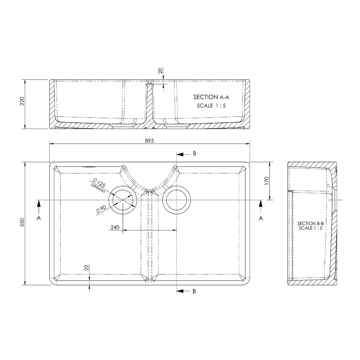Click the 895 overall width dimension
[x=149, y=141]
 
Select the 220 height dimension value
[x=22, y=101]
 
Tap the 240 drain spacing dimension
[x=115, y=227]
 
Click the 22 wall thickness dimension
[x=86, y=267]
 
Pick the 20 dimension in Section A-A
[x=160, y=71]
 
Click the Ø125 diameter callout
[x=100, y=183]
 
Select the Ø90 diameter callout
[x=101, y=209]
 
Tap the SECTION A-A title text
[x=212, y=97]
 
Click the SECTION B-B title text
[x=310, y=223]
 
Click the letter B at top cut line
[x=194, y=154]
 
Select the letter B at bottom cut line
[x=194, y=291]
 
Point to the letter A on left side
[x=39, y=218]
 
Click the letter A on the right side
[x=261, y=218]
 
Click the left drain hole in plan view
[x=123, y=200]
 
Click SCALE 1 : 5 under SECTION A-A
[x=211, y=106]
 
